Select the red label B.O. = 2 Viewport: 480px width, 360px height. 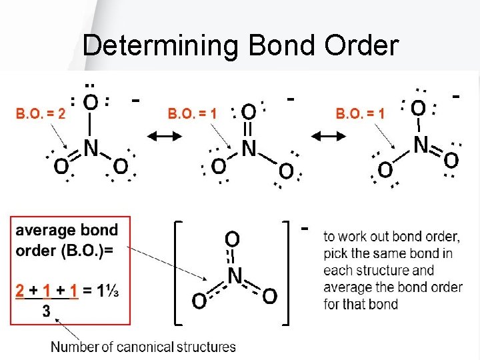41,113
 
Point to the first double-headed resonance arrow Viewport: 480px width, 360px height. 164,137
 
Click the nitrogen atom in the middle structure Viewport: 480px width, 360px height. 249,148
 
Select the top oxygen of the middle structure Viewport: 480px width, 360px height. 247,111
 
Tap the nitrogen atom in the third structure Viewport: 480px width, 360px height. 421,144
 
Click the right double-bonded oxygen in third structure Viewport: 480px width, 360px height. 451,160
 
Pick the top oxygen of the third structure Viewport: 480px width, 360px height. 418,107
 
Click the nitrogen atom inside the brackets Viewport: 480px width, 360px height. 234,275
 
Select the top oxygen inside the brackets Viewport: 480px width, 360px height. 233,239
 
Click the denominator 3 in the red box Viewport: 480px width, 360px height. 46,310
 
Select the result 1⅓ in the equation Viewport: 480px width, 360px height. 107,291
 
